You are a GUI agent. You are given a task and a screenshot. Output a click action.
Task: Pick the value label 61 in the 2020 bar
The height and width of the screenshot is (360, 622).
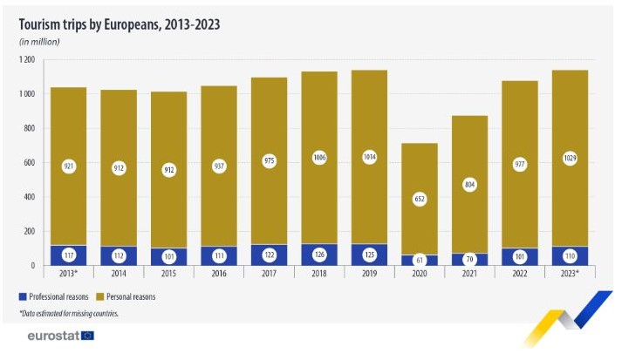[x=420, y=258]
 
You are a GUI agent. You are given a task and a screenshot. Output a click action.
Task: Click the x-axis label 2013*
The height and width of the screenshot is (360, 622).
[x=68, y=273]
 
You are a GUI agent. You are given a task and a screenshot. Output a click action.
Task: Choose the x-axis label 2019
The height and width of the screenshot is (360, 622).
[x=370, y=273]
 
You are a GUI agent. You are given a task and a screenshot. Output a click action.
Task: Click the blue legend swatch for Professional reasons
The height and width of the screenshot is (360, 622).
[x=24, y=296]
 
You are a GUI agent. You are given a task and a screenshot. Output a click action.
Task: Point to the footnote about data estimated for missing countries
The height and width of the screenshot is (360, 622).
[x=69, y=312]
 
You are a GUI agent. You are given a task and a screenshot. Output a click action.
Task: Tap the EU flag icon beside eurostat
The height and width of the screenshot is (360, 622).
[x=87, y=336]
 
